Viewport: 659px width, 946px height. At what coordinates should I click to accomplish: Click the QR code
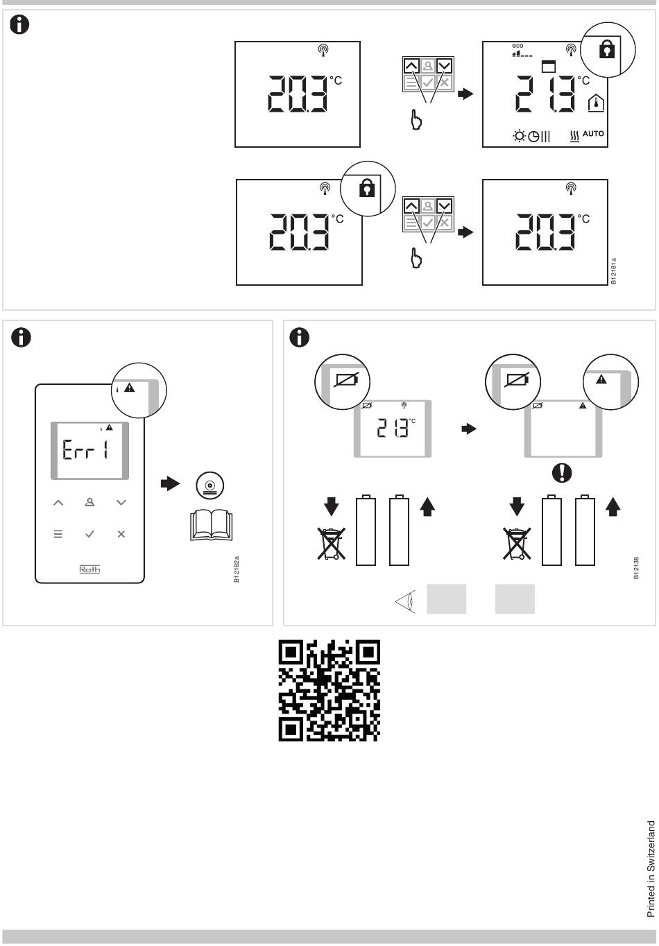(329, 690)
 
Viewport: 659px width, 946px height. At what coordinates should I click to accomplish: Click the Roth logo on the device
(89, 569)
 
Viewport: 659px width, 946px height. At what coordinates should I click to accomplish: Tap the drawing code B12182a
(237, 569)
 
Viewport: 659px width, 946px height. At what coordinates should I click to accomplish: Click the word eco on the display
(518, 46)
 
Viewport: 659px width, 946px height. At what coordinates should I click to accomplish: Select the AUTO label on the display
(593, 134)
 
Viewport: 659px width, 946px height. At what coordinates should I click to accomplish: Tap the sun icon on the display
(519, 135)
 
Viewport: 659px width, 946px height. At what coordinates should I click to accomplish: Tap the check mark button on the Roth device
(89, 534)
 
